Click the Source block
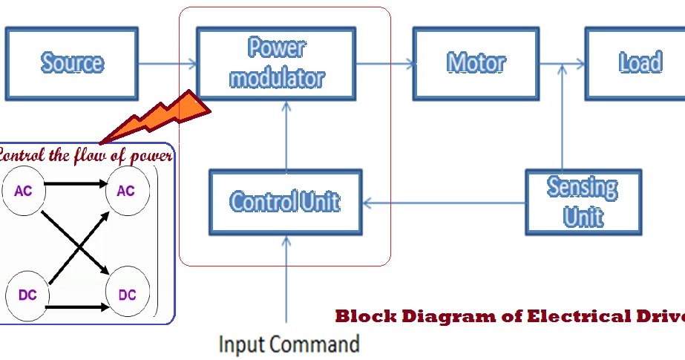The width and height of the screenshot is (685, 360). coord(72,64)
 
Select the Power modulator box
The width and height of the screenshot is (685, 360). coord(276,64)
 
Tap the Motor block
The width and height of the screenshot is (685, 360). coord(476,64)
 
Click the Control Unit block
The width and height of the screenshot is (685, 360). coord(285,202)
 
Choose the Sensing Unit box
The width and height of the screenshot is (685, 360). coord(583,202)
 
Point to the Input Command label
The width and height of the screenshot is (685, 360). coord(289,344)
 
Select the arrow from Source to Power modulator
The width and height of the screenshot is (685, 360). coord(168,65)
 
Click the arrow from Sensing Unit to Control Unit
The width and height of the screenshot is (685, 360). coord(444,202)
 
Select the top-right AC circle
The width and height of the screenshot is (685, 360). coord(126,191)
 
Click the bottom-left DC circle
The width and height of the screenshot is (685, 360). coord(27,295)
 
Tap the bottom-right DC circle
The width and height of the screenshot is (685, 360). coord(127,295)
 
